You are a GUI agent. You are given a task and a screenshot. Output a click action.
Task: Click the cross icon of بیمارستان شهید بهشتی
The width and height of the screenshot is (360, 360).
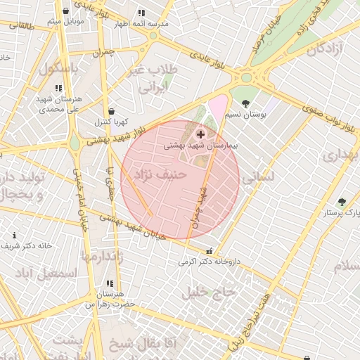[x=201, y=134]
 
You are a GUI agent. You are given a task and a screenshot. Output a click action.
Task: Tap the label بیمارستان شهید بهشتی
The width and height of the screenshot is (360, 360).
[x=202, y=146]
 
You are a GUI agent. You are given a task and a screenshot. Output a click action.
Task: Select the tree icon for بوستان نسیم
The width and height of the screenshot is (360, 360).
[x=245, y=104]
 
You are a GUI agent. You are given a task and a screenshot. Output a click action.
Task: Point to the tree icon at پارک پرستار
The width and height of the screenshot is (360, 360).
[x=342, y=202]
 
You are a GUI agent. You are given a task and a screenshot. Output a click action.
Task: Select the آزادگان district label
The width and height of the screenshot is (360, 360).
[x=323, y=49]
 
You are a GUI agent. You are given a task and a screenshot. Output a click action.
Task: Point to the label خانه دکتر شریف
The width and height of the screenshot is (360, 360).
[x=26, y=246]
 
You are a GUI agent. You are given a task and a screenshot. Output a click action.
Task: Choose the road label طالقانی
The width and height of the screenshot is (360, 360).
[x=19, y=25]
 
